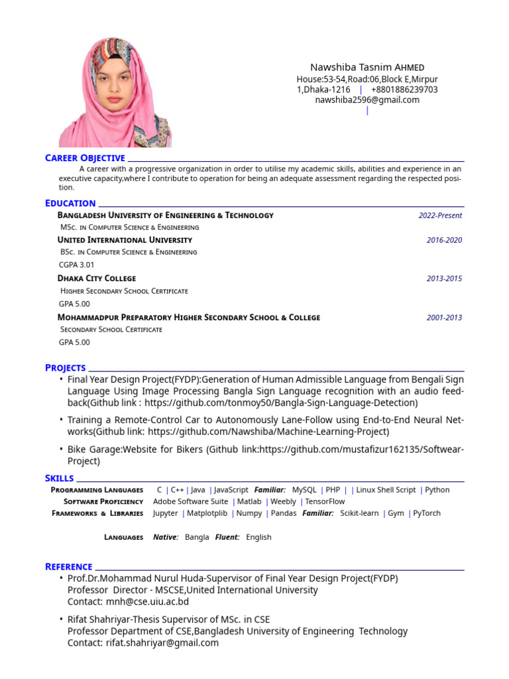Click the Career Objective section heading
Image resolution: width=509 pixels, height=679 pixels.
tap(85, 158)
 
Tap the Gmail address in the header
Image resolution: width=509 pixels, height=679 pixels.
tap(367, 100)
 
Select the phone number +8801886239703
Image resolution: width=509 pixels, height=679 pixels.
tap(404, 90)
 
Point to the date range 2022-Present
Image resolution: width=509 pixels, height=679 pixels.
tap(440, 216)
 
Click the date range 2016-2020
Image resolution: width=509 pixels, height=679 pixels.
tap(444, 240)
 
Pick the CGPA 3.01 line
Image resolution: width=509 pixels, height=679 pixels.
tap(77, 265)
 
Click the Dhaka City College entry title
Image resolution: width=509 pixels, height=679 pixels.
tap(97, 278)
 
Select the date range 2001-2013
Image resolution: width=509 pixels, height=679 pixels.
tap(444, 318)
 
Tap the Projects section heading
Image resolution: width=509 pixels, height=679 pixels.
tap(66, 367)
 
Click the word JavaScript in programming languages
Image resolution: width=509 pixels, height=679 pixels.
tap(231, 490)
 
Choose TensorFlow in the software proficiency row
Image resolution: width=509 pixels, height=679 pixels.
tap(325, 502)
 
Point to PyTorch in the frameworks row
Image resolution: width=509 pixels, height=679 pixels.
tap(427, 513)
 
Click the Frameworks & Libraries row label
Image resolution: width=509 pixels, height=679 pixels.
tap(97, 513)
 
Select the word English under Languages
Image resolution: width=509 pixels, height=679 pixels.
tap(258, 537)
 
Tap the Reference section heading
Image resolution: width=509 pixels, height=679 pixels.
tap(69, 566)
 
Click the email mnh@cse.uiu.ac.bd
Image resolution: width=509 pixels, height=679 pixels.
tap(147, 602)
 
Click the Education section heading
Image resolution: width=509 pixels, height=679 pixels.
tap(70, 203)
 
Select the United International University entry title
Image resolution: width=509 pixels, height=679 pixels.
tap(125, 240)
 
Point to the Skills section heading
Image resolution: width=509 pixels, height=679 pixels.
tap(60, 478)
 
